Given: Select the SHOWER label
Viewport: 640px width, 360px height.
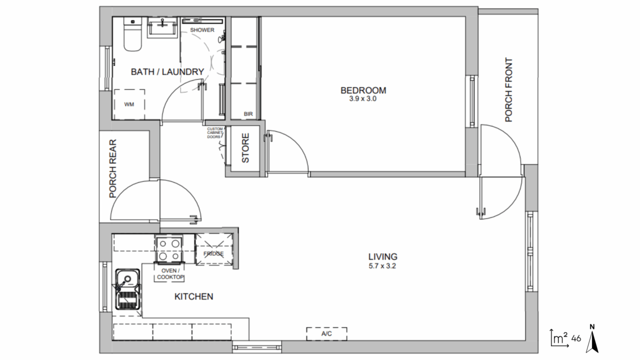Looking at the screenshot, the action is (202, 30).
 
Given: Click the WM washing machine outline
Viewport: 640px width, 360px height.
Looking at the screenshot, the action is (129, 104).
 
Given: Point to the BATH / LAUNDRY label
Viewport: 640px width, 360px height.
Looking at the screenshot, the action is (167, 71).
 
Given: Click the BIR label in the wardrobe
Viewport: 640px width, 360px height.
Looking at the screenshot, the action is (248, 114).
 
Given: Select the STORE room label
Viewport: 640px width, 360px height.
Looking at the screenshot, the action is (245, 148).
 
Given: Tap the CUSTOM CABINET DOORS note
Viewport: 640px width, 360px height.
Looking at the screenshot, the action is (214, 133).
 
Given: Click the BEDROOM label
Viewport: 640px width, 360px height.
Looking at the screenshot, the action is (363, 90).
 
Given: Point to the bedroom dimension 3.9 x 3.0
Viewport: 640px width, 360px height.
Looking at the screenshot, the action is (363, 99).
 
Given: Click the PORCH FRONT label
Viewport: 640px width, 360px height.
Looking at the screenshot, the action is (509, 90).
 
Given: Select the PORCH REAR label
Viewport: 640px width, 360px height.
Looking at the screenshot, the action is (113, 168).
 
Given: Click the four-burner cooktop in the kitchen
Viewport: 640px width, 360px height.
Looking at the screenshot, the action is (169, 248).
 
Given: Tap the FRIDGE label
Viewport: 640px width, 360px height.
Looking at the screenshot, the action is (213, 253).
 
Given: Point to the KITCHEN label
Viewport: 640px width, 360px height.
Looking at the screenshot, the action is (193, 296).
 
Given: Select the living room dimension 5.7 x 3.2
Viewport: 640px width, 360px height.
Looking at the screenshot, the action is (382, 266).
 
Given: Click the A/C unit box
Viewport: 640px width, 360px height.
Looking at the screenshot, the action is (326, 333).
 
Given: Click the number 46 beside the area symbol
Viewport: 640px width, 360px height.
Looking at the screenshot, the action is (576, 338).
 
